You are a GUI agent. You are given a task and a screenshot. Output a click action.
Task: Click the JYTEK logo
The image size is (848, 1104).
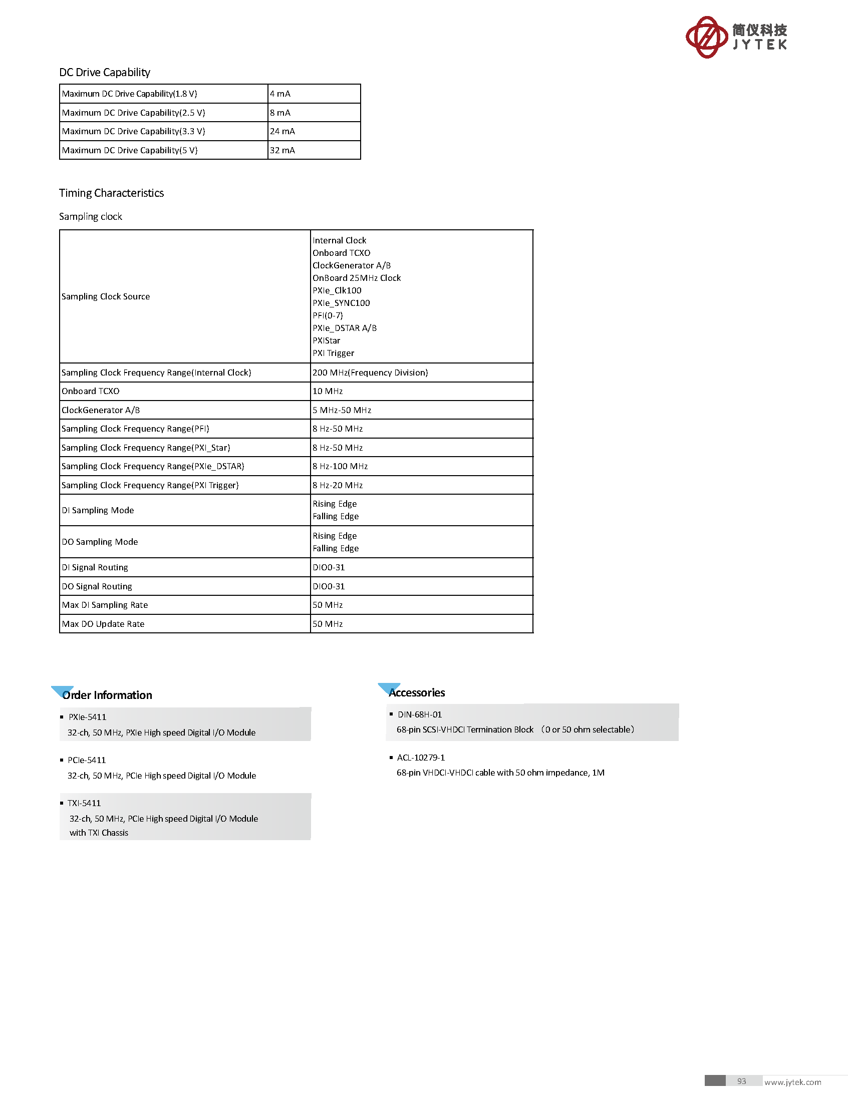coord(735,37)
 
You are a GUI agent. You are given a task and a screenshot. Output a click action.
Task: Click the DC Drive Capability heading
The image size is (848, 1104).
coord(105,72)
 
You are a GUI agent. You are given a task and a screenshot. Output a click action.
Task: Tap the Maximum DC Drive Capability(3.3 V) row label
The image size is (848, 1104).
coord(133,131)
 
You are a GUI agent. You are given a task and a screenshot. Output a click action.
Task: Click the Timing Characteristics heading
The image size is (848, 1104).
coord(111,193)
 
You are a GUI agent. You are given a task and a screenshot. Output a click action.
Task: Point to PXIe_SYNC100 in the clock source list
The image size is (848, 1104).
coord(341,303)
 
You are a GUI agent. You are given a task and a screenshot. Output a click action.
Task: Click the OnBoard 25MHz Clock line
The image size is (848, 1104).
coord(356,278)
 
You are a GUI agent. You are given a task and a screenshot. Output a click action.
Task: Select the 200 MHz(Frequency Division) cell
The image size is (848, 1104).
coord(370,373)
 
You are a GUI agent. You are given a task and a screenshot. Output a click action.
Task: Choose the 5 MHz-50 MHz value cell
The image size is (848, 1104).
coord(342,410)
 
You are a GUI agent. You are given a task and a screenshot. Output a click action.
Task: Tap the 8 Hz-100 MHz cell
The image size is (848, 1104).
coord(340,466)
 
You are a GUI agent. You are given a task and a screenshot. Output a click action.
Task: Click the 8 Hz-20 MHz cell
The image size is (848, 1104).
coord(337,485)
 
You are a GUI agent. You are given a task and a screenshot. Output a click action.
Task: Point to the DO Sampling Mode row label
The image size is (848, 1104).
coord(100,542)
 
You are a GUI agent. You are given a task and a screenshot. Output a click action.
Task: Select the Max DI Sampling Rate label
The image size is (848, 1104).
coord(105,605)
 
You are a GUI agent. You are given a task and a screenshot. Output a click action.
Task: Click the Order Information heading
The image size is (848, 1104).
coord(107,695)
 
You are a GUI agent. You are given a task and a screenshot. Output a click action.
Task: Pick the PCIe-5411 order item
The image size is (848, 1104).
coord(87,760)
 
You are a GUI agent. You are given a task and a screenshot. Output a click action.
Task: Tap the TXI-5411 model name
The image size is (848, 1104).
coord(84,803)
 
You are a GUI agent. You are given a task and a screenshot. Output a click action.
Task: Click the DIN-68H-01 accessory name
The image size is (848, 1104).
coord(419,714)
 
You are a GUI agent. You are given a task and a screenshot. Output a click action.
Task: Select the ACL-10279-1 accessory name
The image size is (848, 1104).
coord(420,758)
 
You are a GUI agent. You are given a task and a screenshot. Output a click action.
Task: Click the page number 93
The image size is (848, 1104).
coord(741,1081)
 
